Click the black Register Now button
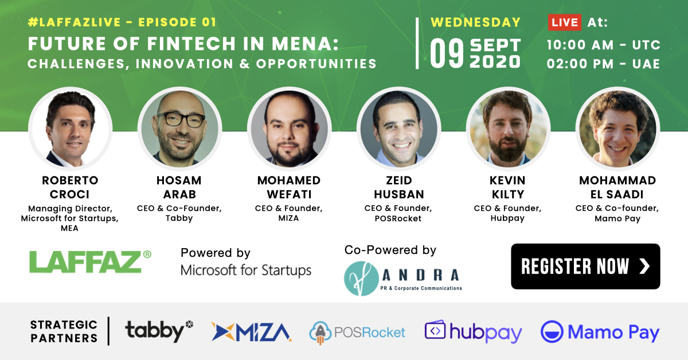pos(585,266)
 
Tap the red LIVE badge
pos(565,22)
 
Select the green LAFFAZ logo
pos(90,262)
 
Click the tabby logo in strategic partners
pos(159,331)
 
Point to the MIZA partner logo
pos(251,332)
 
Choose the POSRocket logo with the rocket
pos(357,332)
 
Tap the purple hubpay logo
pos(474,331)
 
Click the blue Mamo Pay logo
pos(600,332)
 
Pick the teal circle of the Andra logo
pos(361,279)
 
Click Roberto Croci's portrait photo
pos(71,128)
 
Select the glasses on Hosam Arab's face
pos(181,119)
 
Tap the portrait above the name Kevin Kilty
pos(509,128)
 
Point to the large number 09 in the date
pos(447,54)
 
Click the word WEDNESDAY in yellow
pos(476,22)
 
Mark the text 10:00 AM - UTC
pos(604,45)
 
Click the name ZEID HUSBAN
pos(399,187)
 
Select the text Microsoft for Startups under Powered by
pos(246,271)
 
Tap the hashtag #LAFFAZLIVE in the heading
pos(75,22)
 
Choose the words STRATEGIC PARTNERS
pos(64,331)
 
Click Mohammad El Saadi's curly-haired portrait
pos(617,128)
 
